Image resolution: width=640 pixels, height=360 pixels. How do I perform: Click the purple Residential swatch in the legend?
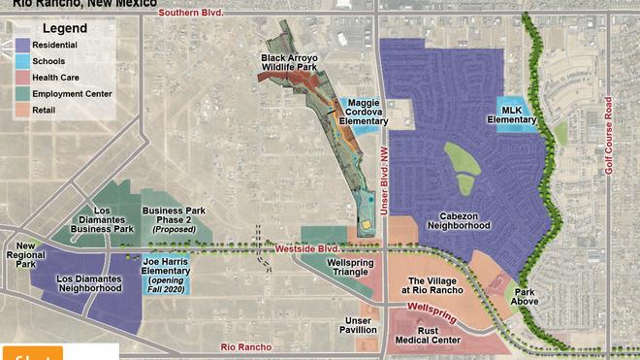22,45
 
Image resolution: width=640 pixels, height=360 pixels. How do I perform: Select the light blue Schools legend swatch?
22,61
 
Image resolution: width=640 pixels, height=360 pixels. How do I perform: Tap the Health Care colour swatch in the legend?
22,78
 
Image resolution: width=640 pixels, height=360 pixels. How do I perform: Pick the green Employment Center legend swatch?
22,94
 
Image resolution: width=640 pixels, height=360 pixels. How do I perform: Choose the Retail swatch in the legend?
22,111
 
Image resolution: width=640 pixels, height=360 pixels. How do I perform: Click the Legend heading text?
64,28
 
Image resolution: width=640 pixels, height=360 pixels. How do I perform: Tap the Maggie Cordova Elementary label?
361,113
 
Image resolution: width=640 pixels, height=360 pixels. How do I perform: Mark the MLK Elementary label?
511,115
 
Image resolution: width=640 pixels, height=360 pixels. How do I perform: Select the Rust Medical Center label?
432,335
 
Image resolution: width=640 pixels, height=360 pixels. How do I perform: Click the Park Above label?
526,296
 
